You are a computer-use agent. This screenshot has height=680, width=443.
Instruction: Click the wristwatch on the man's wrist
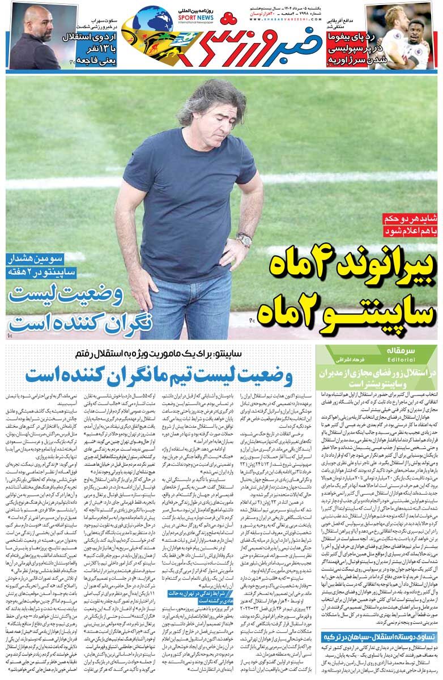tap(244, 240)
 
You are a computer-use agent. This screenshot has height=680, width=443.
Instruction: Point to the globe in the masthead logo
tap(151, 20)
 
